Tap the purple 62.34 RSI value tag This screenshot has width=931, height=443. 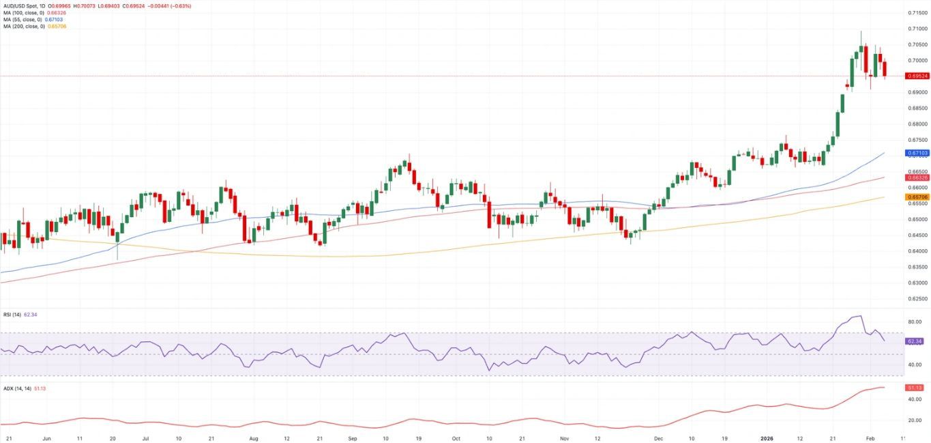tap(915, 341)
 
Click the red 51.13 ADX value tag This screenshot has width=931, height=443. tap(915, 388)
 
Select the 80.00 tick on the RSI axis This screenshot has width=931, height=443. tap(915, 322)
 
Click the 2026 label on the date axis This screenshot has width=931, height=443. tap(767, 438)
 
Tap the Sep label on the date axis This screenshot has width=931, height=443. tap(353, 438)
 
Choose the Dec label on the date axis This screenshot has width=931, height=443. tap(658, 438)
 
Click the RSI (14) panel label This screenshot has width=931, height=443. tap(12, 315)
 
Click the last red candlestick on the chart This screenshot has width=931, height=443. tap(885, 69)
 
